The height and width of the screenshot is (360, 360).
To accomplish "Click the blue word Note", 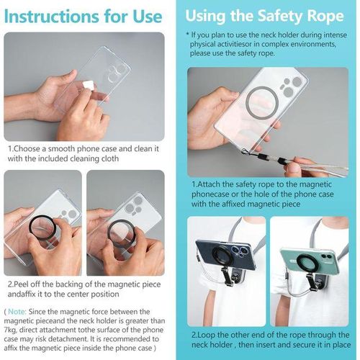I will [x=21, y=310].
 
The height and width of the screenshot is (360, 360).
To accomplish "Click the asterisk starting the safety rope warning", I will [x=189, y=35].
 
